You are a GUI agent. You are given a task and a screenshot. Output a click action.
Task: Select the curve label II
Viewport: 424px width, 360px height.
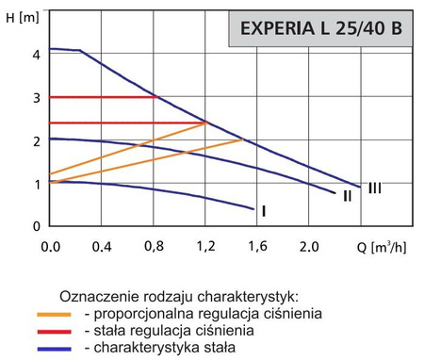point(347,196)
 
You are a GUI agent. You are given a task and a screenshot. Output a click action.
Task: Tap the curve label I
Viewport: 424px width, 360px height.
point(264,211)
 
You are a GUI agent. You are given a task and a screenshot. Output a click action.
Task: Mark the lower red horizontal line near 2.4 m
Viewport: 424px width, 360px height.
point(122,123)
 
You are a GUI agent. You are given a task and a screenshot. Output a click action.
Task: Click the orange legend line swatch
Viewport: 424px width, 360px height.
point(55,314)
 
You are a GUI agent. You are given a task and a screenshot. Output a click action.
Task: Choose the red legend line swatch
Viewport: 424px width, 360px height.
point(55,331)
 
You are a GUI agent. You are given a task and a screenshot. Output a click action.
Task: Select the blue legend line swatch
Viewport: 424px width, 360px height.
point(55,348)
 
